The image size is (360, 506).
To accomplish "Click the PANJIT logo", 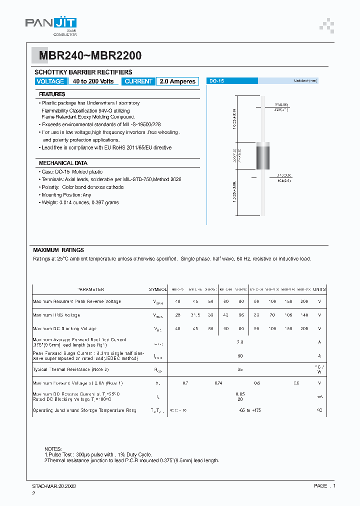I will [x=51, y=23].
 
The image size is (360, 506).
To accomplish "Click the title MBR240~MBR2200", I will [x=88, y=55].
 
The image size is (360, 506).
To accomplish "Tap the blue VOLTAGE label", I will [x=50, y=81].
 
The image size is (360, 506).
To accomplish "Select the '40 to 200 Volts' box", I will [x=93, y=81].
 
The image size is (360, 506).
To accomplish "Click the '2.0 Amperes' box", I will [x=177, y=81].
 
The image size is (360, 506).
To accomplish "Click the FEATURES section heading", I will [x=52, y=94].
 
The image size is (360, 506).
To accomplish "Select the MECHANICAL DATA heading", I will [x=63, y=163].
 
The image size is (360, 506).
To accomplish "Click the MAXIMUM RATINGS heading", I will [x=58, y=250].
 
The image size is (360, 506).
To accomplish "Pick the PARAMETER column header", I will [x=91, y=289].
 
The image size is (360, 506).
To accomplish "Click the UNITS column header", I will [x=319, y=289].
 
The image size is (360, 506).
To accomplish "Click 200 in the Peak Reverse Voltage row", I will [x=304, y=301].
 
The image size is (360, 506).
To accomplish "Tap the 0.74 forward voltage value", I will [x=218, y=382].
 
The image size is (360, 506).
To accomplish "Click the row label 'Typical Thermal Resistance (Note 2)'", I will [x=70, y=369].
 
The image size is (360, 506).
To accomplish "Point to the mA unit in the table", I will [x=319, y=396].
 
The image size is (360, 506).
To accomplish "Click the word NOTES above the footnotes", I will [x=53, y=449].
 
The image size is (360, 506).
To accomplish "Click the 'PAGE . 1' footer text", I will [x=325, y=485].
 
